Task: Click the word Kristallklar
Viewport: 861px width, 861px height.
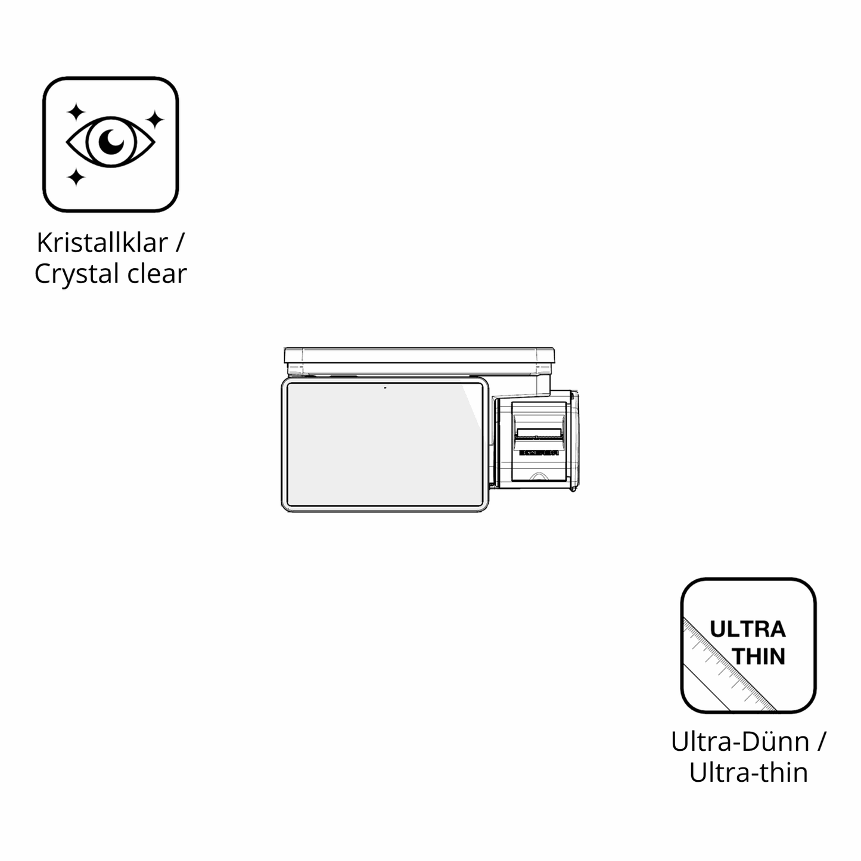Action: [x=102, y=243]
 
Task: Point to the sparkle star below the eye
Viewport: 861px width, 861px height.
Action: [x=76, y=178]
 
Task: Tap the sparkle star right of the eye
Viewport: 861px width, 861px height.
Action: [x=155, y=120]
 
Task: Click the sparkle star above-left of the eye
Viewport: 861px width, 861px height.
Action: [x=76, y=112]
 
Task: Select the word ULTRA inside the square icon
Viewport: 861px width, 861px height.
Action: [x=748, y=630]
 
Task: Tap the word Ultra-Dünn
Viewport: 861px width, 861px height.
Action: [x=740, y=742]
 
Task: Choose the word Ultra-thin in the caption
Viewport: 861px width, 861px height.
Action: [x=748, y=773]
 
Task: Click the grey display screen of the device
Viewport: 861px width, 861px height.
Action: [x=384, y=444]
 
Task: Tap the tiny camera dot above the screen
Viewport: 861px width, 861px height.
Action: [x=385, y=388]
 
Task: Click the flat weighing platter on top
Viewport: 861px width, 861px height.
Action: [x=419, y=355]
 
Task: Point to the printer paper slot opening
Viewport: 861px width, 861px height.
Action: [x=539, y=433]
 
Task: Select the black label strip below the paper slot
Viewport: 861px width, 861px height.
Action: [x=539, y=453]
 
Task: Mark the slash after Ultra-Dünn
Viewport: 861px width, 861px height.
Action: [x=822, y=742]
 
